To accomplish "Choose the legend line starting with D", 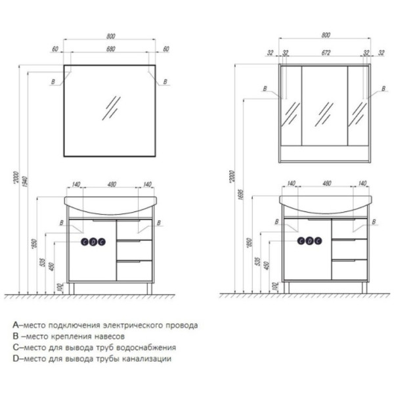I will point(92,359).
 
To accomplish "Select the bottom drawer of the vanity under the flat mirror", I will point(134,270).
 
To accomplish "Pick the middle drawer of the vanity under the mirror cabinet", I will point(349,250).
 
